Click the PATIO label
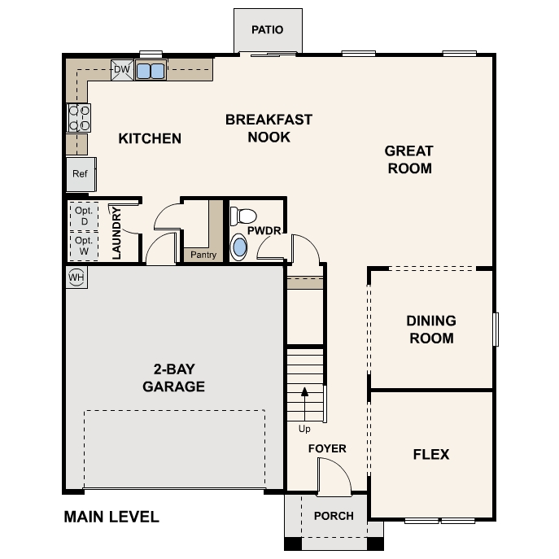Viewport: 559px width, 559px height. click(x=267, y=30)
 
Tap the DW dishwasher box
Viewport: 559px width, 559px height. click(x=121, y=70)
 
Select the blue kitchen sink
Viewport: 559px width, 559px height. click(x=151, y=71)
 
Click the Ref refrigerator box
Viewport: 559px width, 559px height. click(x=80, y=174)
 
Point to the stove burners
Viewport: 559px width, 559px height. click(x=78, y=119)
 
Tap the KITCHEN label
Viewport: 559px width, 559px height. click(x=150, y=138)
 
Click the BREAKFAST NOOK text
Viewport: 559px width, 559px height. click(x=269, y=129)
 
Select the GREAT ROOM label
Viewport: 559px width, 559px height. click(x=409, y=160)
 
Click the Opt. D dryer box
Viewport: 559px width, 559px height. click(x=82, y=215)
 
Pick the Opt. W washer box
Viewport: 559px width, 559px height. click(x=82, y=246)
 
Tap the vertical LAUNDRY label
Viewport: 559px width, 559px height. click(x=116, y=234)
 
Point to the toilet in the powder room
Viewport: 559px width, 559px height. click(x=242, y=216)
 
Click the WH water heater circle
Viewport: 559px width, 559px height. click(x=76, y=277)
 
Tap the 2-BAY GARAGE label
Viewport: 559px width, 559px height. click(x=173, y=378)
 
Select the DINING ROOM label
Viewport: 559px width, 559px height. click(x=431, y=330)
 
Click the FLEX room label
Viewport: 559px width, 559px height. click(x=431, y=454)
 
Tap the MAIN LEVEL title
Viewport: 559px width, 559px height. click(x=111, y=517)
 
